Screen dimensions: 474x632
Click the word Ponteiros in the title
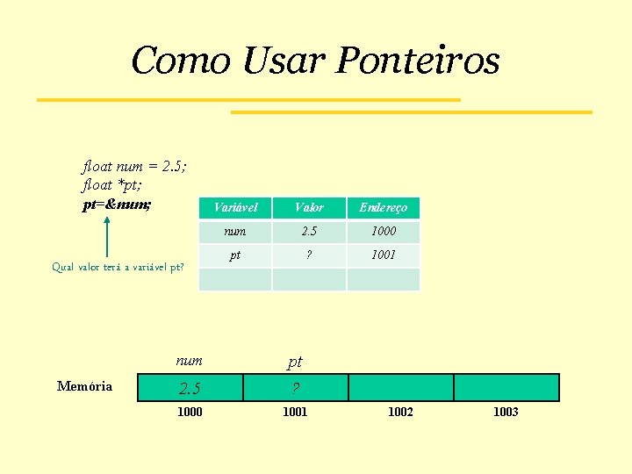point(418,61)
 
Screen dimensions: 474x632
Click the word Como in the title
point(180,61)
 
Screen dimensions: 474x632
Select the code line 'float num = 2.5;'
point(133,166)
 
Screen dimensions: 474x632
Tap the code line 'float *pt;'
point(111,185)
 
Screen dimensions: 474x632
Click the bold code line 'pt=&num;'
point(116,205)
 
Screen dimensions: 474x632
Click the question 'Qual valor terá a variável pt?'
point(118,267)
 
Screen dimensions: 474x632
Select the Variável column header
point(235,208)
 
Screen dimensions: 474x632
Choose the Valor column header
point(309,208)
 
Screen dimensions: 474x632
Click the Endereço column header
point(383,208)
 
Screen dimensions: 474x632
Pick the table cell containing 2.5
point(309,232)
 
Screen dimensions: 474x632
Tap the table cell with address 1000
point(383,232)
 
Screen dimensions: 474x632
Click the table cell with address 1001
point(383,255)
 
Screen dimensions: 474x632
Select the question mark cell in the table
point(309,255)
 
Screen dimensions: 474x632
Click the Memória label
point(84,386)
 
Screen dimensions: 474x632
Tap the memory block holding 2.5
point(190,388)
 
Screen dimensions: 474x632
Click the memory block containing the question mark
point(295,388)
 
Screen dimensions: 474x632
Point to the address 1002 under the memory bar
point(400,412)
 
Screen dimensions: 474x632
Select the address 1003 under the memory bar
point(506,412)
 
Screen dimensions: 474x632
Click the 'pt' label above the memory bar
point(295,362)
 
